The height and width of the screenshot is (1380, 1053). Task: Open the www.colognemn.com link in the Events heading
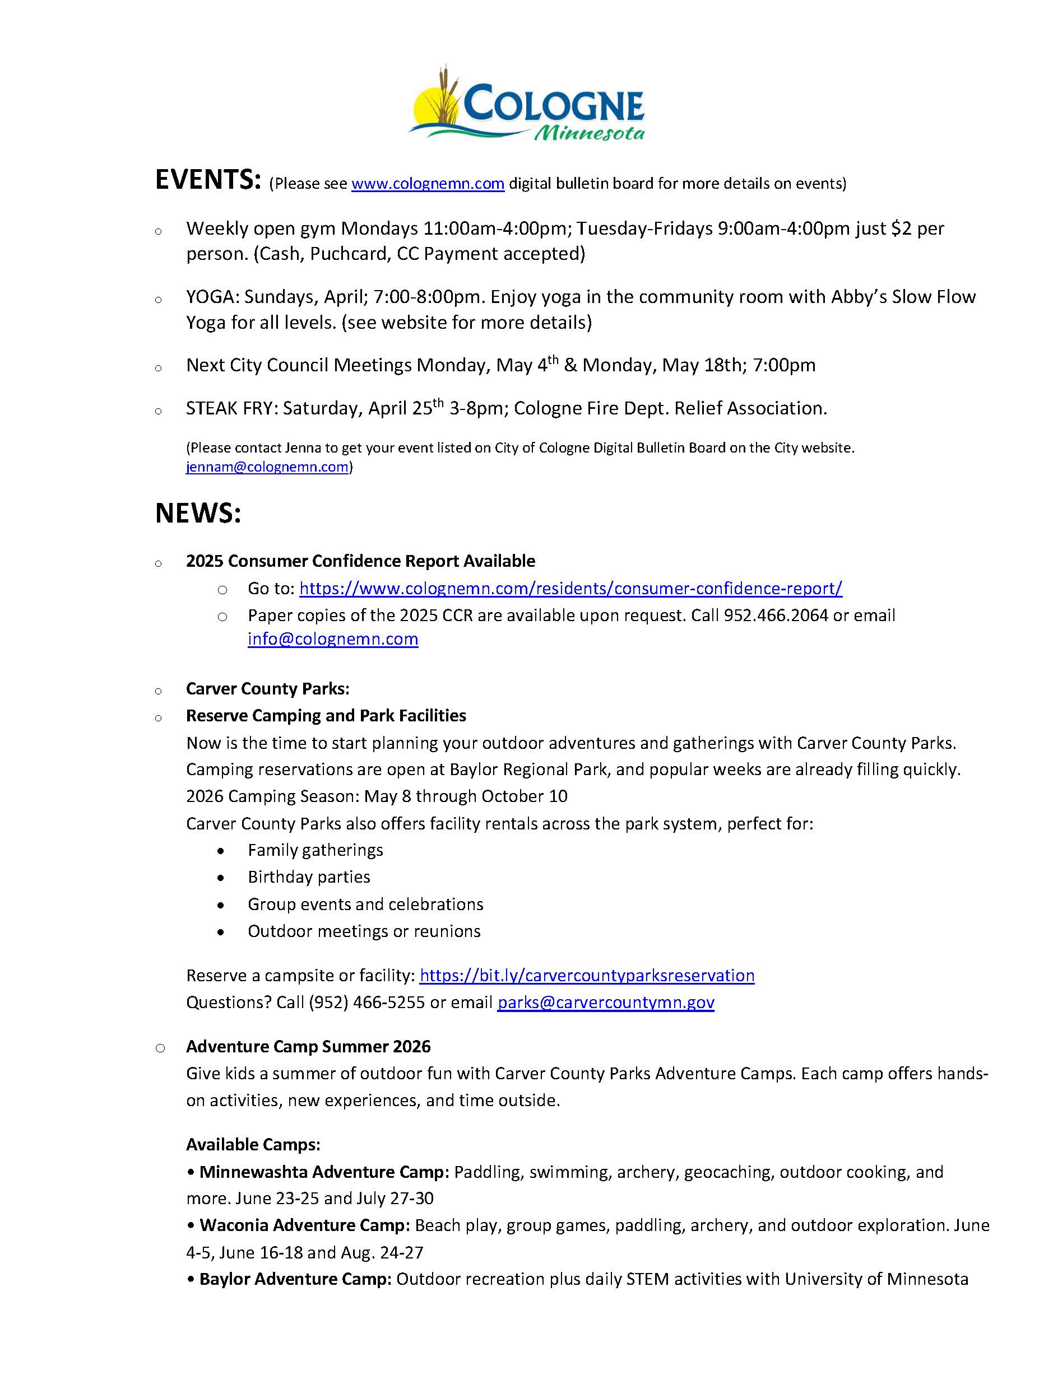point(428,184)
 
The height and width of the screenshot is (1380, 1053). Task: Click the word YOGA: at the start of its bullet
point(212,297)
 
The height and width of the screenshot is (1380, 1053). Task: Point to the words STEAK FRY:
point(231,408)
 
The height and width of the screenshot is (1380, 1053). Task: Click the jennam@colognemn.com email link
point(267,467)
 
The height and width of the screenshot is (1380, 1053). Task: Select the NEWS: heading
point(198,513)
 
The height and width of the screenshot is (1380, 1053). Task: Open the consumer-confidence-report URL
point(570,588)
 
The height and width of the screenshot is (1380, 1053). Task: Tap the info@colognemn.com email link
point(333,639)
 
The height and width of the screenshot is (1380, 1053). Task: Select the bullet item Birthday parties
point(308,877)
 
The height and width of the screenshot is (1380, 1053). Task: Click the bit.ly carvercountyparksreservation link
point(587,975)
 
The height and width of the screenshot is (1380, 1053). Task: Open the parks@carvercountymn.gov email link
point(605,1003)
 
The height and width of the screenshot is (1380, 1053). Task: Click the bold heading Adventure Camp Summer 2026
point(308,1047)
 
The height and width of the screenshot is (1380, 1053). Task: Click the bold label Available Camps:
point(253,1144)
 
